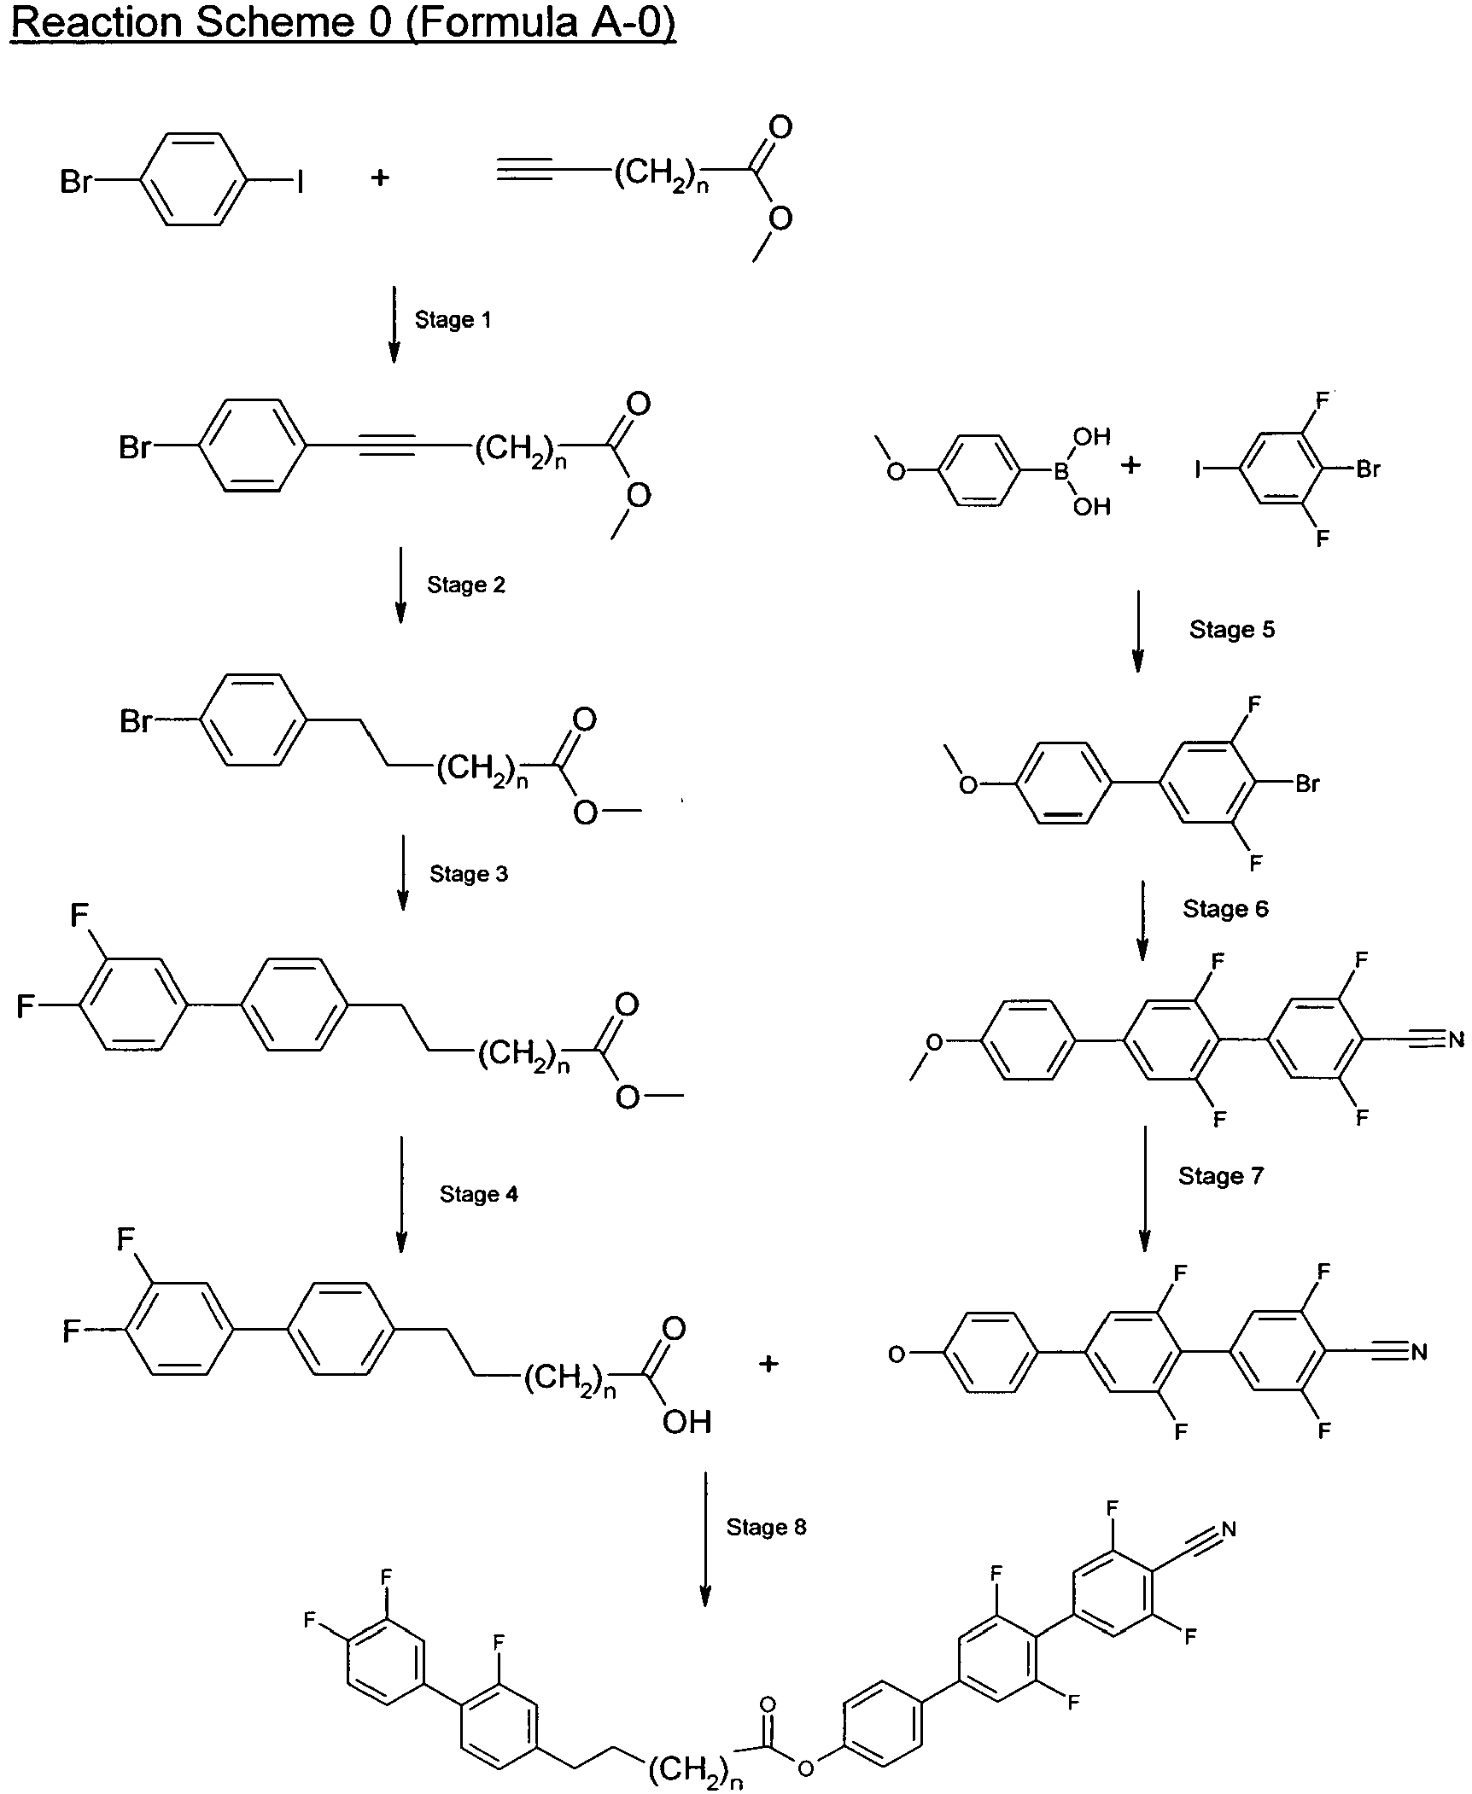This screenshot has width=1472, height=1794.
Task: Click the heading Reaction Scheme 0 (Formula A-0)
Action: [343, 24]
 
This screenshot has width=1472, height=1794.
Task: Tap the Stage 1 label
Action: [453, 320]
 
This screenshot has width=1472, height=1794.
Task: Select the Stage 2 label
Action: [466, 585]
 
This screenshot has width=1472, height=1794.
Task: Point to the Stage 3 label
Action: [469, 874]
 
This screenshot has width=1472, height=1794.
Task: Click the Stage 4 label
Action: [479, 1194]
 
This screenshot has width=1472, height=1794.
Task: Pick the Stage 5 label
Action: [1232, 630]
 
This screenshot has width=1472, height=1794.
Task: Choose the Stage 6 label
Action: [1225, 909]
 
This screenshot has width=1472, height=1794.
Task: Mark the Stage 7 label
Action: [1221, 1176]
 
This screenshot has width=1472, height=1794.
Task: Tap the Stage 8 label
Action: [766, 1527]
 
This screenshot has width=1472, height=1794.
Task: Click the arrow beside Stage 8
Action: [705, 1539]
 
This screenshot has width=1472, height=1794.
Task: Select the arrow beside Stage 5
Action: [1137, 631]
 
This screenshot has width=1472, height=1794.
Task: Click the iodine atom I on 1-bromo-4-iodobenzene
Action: [300, 181]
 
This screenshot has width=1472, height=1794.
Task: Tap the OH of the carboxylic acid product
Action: [686, 1422]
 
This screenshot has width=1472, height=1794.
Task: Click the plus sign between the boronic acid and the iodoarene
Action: [1130, 466]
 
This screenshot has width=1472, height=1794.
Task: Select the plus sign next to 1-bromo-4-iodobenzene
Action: [380, 178]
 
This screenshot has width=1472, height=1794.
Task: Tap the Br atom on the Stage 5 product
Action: [1307, 783]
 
